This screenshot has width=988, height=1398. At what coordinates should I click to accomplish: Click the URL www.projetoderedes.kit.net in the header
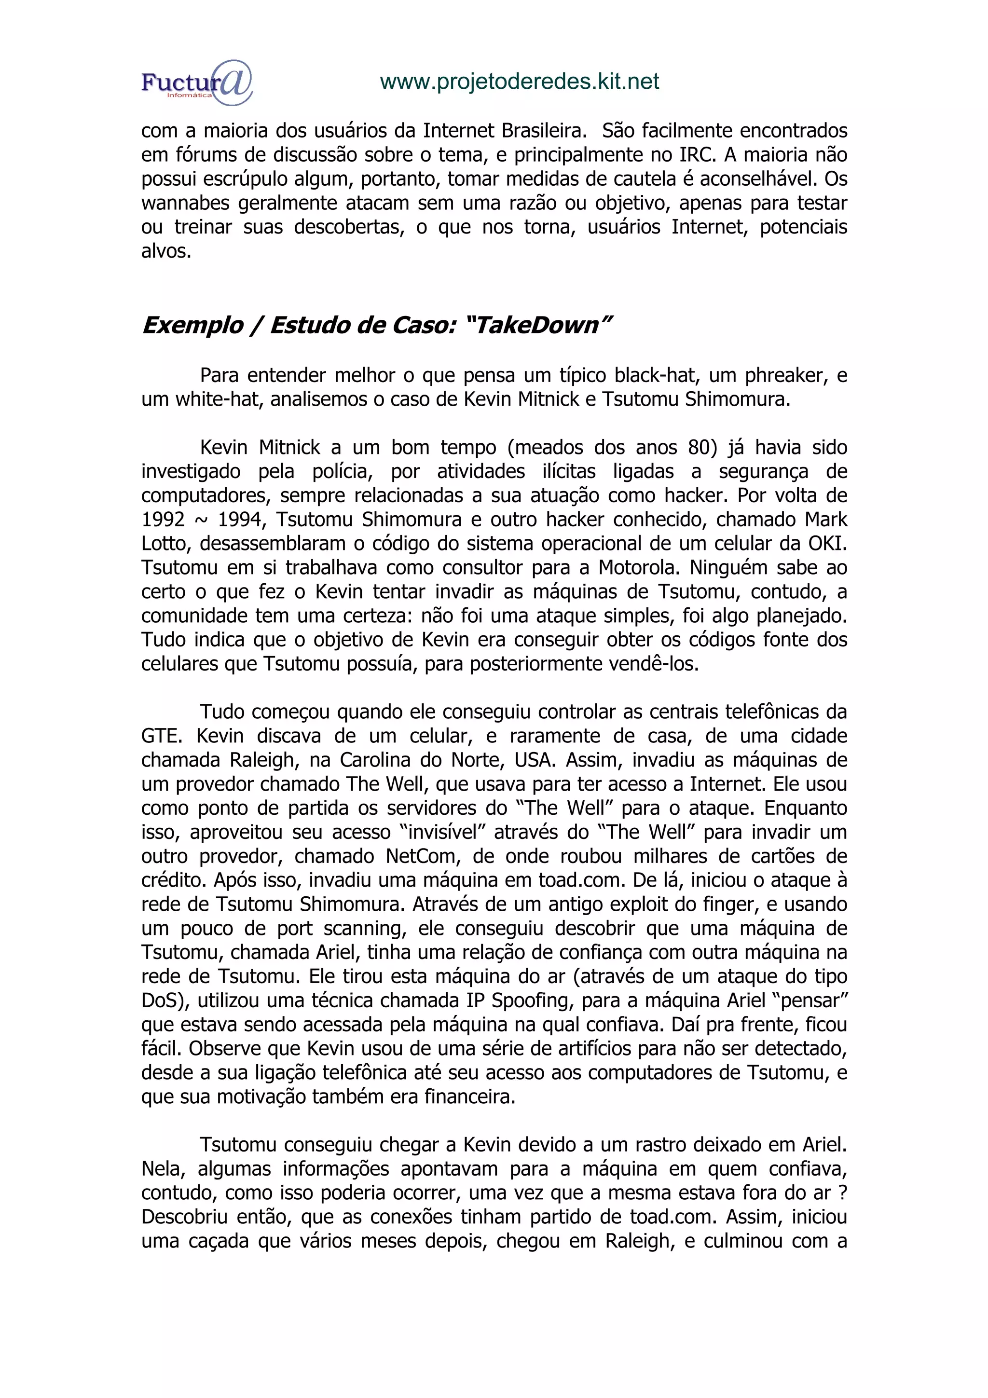tap(519, 81)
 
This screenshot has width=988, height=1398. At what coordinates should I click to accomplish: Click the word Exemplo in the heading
tap(192, 326)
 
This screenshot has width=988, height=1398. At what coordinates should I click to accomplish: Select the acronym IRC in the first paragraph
tap(690, 155)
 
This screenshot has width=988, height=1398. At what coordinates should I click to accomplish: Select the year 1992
tap(163, 520)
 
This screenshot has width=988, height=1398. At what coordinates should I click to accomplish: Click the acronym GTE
tap(161, 736)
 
